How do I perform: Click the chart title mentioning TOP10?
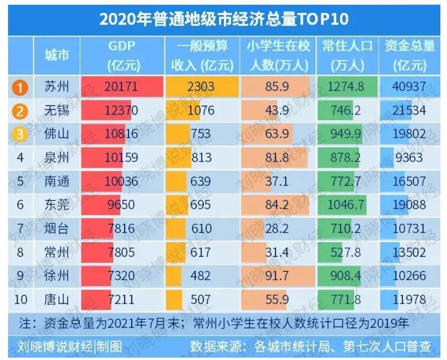click(223, 18)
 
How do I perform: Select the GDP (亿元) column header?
click(122, 55)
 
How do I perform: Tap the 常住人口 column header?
click(347, 55)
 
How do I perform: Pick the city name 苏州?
click(56, 87)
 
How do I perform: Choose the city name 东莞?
click(56, 205)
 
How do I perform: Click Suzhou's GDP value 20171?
click(121, 87)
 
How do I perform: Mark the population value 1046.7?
click(347, 205)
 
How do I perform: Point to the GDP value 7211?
click(121, 299)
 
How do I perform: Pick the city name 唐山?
click(56, 299)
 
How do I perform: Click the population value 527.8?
click(347, 252)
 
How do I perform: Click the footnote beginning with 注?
click(213, 324)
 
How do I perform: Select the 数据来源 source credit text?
click(310, 347)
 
